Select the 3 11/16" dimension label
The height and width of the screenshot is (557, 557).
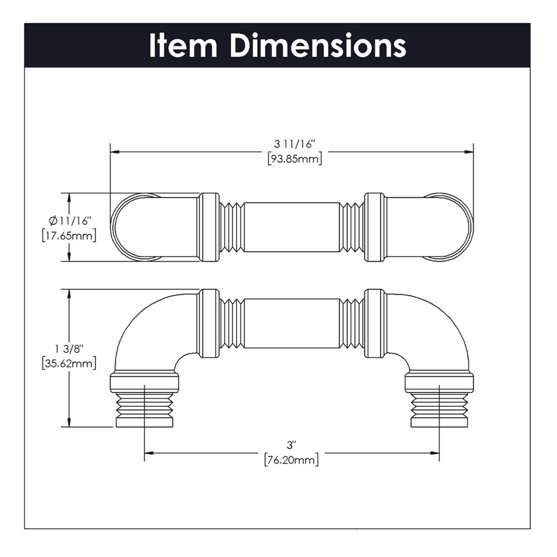(294, 144)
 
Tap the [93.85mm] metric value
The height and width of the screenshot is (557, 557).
(295, 158)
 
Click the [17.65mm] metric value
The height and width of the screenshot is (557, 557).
(69, 235)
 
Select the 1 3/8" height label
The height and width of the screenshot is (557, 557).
(69, 349)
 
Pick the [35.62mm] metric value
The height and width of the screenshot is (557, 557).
(69, 363)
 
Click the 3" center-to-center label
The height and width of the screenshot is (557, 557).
(291, 445)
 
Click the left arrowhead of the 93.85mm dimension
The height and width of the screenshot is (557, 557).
(115, 152)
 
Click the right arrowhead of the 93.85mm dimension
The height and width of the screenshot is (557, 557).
(469, 152)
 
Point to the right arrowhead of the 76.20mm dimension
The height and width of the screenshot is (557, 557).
(435, 453)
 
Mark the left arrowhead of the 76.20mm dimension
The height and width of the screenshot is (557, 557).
(149, 453)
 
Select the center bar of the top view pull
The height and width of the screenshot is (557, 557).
(291, 227)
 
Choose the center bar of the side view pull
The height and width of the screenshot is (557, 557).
(291, 323)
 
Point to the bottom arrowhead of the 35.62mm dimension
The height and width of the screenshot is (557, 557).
(69, 422)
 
